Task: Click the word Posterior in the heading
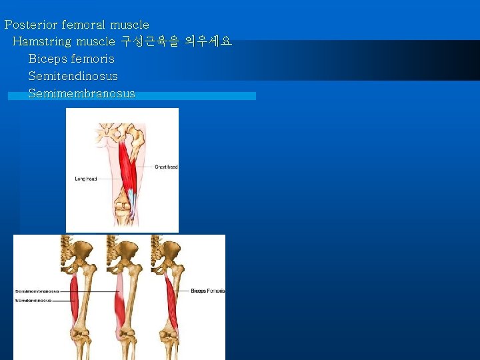31,25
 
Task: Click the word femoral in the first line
84,25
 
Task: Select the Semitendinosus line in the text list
73,76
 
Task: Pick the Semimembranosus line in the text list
81,93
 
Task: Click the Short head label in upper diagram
166,167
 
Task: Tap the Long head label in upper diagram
86,179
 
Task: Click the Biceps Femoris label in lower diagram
208,291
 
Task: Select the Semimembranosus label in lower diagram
37,291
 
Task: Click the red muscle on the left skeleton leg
73,300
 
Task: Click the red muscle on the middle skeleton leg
120,303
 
